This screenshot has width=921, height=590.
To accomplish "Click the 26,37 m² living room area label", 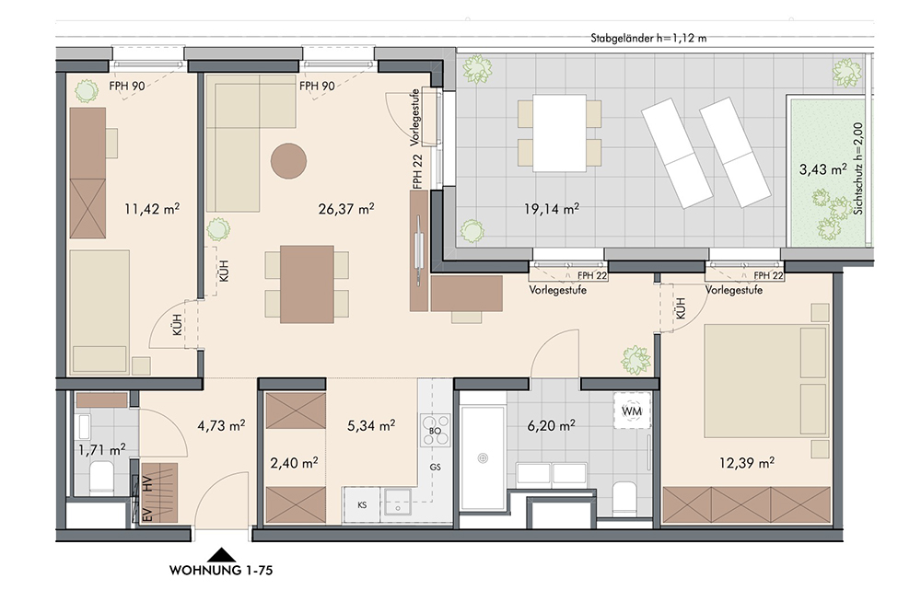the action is click(x=346, y=208).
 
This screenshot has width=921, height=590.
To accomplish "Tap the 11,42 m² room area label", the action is click(x=152, y=208).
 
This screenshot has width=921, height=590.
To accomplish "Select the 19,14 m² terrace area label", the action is click(x=551, y=208).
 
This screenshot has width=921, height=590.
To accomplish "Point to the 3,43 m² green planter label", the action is click(x=822, y=169).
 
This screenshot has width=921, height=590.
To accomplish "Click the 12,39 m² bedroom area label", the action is click(x=747, y=463).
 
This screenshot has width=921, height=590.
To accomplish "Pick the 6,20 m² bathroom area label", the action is click(x=551, y=425).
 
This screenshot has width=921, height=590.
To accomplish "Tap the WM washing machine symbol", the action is click(x=632, y=411).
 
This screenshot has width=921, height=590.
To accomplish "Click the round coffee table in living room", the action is click(x=288, y=161).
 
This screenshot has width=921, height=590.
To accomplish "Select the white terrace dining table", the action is click(x=560, y=133).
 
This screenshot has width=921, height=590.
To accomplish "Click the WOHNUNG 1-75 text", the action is click(x=221, y=570).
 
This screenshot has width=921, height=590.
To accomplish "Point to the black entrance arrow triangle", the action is click(x=221, y=555).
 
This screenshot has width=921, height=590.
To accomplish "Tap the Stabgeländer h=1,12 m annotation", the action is click(x=648, y=39).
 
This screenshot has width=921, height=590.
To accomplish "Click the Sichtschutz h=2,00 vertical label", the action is click(x=858, y=168).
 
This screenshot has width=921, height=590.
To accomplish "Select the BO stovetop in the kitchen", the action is click(x=436, y=431).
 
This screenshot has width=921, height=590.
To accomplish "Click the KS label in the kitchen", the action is click(x=362, y=505).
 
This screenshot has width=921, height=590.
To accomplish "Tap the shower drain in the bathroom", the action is click(x=483, y=457).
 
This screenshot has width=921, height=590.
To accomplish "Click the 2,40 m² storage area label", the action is click(x=294, y=463).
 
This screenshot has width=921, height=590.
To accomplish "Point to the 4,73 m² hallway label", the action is click(x=221, y=425).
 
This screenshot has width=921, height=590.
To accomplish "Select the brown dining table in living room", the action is click(x=307, y=284).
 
